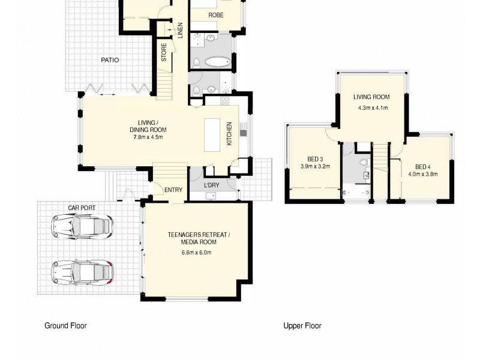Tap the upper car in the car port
coord(82,226)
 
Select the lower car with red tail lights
coord(82,272)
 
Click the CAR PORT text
coord(82,208)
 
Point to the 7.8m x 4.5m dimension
coord(148,137)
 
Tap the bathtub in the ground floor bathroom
coord(210,62)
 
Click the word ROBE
coord(216,15)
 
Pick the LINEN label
coord(180,31)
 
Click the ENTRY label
coord(173,190)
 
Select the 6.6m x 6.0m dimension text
coord(197,253)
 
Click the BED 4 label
coord(422,167)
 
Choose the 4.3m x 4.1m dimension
coord(371,108)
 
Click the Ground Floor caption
coord(65,326)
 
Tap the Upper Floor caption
coord(302,326)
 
